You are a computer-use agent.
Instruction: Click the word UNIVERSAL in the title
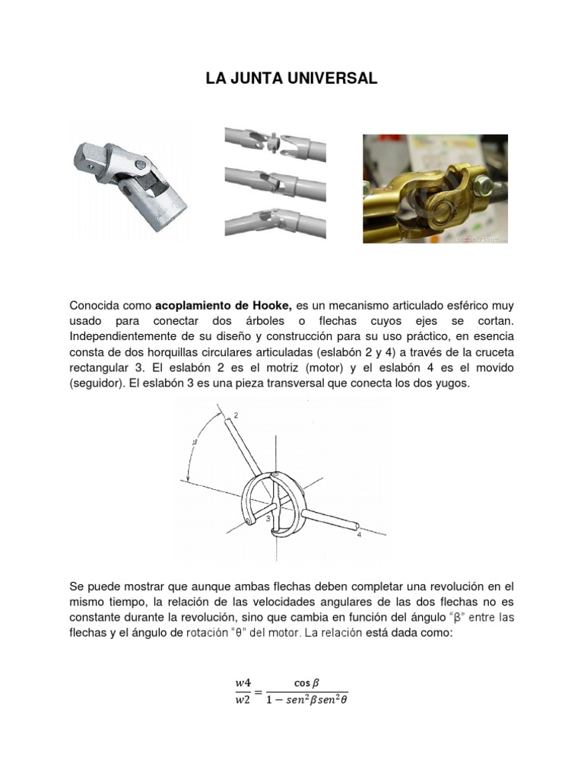point(335,79)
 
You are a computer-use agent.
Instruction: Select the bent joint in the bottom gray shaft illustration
point(268,216)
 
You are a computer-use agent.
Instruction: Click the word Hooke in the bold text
point(273,305)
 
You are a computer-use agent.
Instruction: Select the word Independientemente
point(121,336)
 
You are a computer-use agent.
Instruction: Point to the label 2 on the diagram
point(236,415)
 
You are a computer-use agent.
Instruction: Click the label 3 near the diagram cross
point(268,518)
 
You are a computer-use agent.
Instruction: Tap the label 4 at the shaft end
point(359,535)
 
